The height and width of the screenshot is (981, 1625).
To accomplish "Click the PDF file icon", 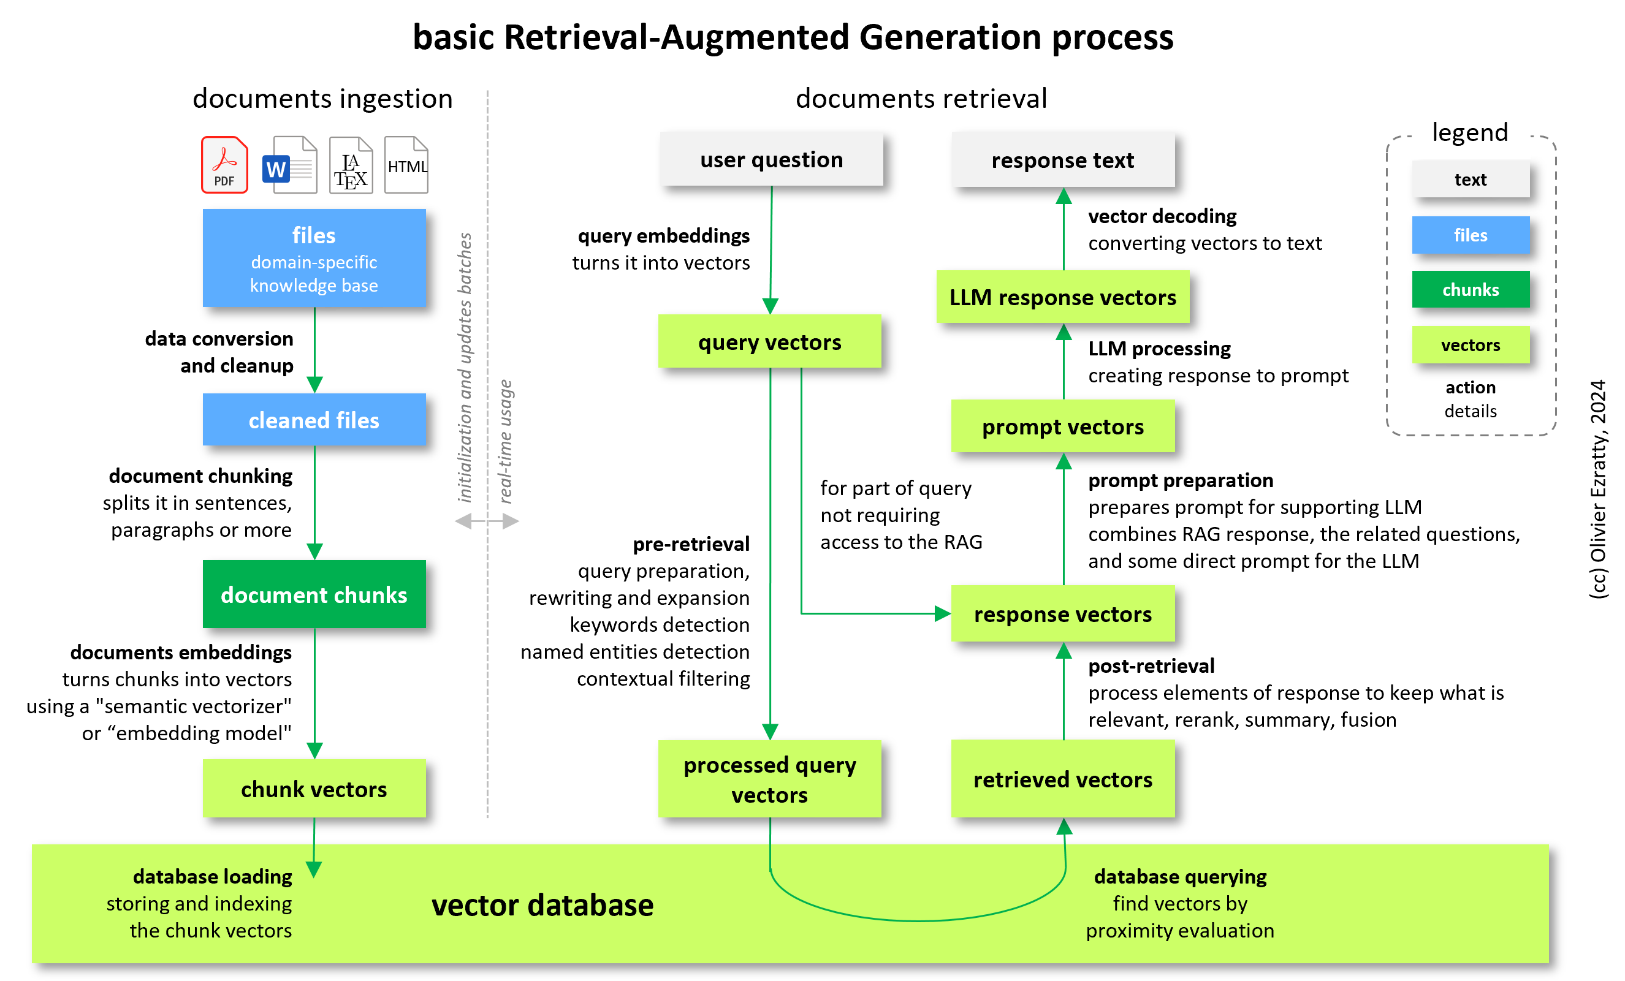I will pyautogui.click(x=224, y=165).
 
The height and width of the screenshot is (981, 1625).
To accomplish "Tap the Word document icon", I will pyautogui.click(x=290, y=165).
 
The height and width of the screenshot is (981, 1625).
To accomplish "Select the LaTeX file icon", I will pyautogui.click(x=351, y=165).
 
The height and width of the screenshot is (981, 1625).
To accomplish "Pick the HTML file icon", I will pyautogui.click(x=406, y=165).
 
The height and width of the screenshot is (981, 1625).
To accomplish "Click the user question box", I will pyautogui.click(x=771, y=159).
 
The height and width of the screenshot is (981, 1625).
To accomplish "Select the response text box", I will pyautogui.click(x=1062, y=159).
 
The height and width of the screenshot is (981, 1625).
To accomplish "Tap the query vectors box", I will pyautogui.click(x=770, y=341).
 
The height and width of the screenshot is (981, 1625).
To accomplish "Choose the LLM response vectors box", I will pyautogui.click(x=1062, y=297).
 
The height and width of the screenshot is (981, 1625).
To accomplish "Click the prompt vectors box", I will pyautogui.click(x=1062, y=426).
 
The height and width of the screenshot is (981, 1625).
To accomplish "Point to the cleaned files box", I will pyautogui.click(x=314, y=420).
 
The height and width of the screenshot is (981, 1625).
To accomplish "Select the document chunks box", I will pyautogui.click(x=314, y=594).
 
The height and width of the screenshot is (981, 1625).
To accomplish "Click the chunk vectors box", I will pyautogui.click(x=314, y=789).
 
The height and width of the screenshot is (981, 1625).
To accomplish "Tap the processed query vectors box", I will pyautogui.click(x=770, y=779).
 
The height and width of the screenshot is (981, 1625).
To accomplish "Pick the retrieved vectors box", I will pyautogui.click(x=1062, y=779).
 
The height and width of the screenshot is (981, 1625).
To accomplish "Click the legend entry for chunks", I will pyautogui.click(x=1470, y=289).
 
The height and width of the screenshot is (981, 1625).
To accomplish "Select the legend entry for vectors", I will pyautogui.click(x=1470, y=345).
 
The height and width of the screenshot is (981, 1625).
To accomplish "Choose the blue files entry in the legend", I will pyautogui.click(x=1470, y=235).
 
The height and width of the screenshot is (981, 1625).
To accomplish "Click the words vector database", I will pyautogui.click(x=542, y=905).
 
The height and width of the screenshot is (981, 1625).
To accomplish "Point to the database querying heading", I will pyautogui.click(x=1180, y=876).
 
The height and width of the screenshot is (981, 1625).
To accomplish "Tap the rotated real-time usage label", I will pyautogui.click(x=505, y=441).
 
